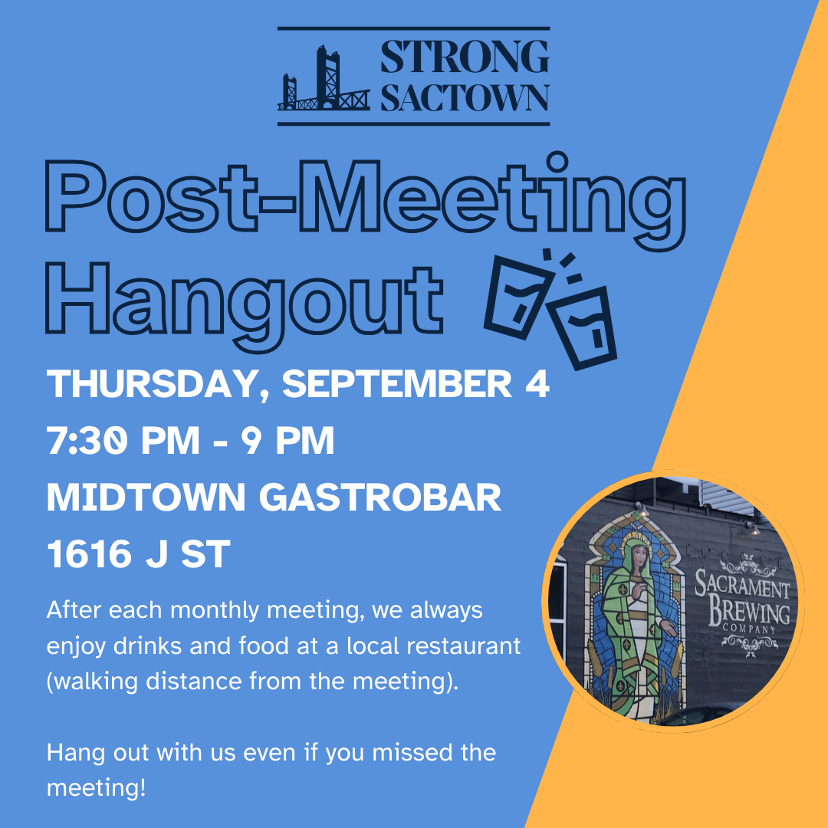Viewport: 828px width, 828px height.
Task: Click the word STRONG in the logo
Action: click(465, 57)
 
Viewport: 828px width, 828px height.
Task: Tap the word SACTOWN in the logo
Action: click(465, 97)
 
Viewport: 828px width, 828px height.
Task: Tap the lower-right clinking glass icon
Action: click(584, 327)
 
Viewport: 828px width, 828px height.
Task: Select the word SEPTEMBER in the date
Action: click(397, 383)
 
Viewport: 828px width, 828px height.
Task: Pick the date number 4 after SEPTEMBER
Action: click(537, 383)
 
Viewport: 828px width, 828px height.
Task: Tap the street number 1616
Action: click(89, 554)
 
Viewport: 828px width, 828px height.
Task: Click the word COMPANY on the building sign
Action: click(749, 629)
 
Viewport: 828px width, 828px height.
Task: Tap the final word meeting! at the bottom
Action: click(96, 788)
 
